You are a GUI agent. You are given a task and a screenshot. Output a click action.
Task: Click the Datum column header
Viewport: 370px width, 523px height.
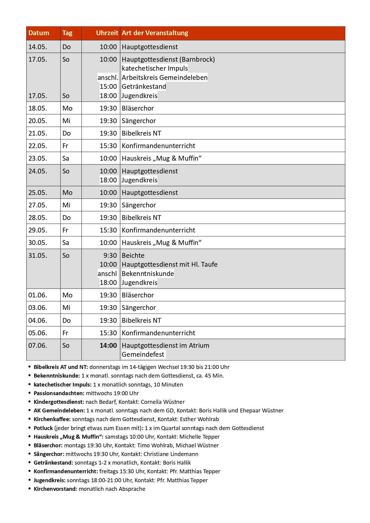point(39,33)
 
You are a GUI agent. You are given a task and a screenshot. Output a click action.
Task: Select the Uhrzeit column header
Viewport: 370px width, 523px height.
point(107,33)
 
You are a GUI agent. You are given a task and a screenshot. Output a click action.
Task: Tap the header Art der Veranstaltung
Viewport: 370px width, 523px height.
point(155,33)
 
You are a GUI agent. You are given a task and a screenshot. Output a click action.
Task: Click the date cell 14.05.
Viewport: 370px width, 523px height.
point(38,47)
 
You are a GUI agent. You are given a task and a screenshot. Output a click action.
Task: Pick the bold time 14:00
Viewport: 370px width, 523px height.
point(108,346)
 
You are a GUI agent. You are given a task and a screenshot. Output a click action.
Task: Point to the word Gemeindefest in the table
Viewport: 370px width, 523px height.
point(143,355)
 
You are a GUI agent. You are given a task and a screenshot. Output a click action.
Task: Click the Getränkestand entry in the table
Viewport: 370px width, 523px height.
point(144,87)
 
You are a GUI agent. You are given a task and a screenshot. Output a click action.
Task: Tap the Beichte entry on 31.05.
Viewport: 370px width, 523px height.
point(133,256)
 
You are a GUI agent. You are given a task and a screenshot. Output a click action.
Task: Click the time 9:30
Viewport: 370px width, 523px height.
point(110,256)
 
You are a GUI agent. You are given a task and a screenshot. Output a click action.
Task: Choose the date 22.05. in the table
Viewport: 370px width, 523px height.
point(38,146)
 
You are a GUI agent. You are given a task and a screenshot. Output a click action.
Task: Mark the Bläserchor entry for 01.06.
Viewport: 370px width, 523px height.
point(138,295)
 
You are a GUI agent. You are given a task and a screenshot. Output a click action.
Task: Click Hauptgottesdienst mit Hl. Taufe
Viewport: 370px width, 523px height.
point(169,265)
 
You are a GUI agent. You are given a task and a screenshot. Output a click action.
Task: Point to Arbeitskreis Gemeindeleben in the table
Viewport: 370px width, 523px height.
point(164,78)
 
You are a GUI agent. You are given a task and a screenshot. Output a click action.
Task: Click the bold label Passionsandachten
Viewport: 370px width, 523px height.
point(59,393)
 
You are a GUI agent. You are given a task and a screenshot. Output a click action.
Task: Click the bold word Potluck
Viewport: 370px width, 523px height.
point(43,428)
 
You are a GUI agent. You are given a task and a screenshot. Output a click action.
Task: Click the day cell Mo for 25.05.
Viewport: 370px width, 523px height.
point(67,193)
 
